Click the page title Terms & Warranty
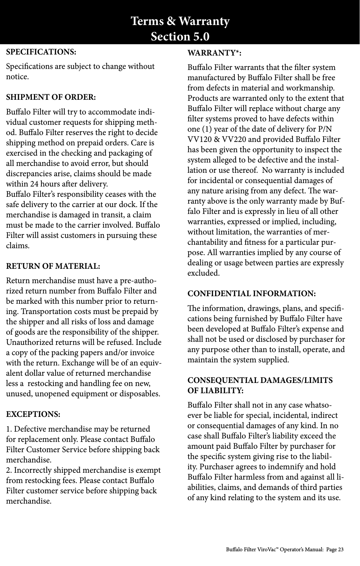(180, 21)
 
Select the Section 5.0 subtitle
(180, 36)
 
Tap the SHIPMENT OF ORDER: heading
(51, 97)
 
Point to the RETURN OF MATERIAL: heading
(53, 266)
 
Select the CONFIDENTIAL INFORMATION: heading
(252, 294)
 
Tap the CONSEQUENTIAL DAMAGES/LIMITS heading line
(260, 381)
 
